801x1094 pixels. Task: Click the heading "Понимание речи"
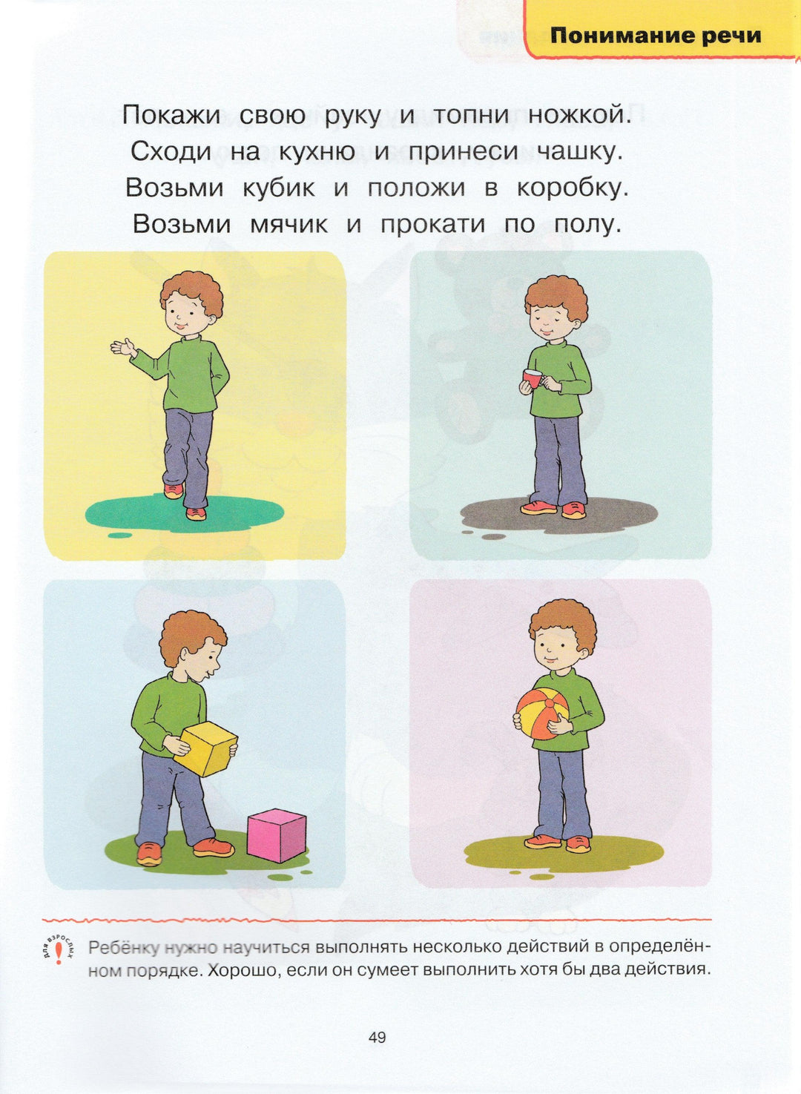(656, 36)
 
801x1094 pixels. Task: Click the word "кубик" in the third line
(279, 188)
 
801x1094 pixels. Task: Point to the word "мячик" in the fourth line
(289, 225)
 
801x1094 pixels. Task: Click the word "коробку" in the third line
(571, 188)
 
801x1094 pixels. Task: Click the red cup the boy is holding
(531, 378)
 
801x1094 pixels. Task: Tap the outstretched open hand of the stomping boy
(122, 348)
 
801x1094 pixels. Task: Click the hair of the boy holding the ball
(563, 629)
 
